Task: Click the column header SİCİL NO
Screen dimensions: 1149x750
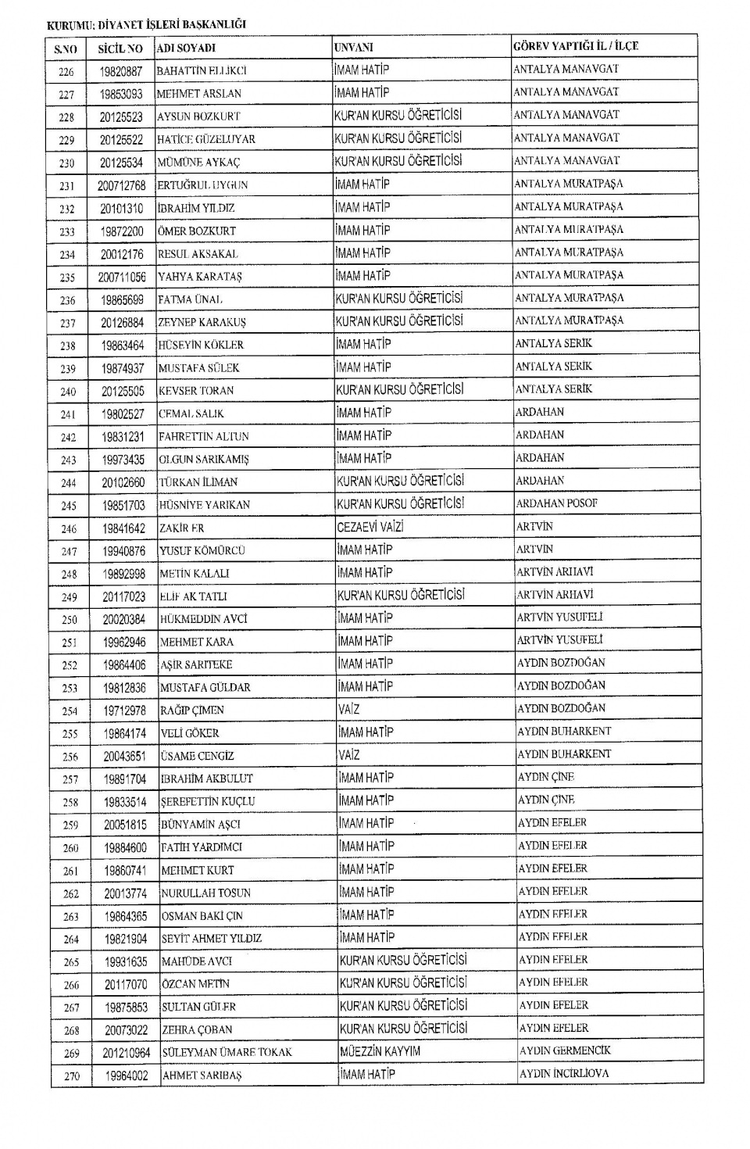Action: coord(120,48)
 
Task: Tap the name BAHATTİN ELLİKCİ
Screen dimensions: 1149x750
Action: coord(202,71)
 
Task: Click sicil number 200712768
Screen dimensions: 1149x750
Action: coord(121,185)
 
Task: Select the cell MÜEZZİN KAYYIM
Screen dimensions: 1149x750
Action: coord(380,1051)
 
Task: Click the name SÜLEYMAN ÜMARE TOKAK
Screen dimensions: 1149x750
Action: coord(227,1052)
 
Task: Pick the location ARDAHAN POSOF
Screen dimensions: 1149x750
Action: coord(556,503)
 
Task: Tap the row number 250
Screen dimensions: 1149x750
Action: coord(70,620)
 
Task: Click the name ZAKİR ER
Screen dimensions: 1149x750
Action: coord(182,528)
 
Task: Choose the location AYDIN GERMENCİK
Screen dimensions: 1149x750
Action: coord(565,1051)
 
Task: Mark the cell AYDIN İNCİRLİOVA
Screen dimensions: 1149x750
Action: coord(563,1073)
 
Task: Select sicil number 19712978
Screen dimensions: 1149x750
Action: coord(124,711)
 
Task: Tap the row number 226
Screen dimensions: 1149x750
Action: coord(66,72)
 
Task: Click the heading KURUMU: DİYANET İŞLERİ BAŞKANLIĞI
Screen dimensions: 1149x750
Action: coord(146,24)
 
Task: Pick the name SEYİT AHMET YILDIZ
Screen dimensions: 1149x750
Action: coord(211,939)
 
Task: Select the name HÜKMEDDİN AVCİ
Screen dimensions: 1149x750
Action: coord(203,619)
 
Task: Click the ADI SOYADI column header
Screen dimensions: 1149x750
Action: coord(186,48)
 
